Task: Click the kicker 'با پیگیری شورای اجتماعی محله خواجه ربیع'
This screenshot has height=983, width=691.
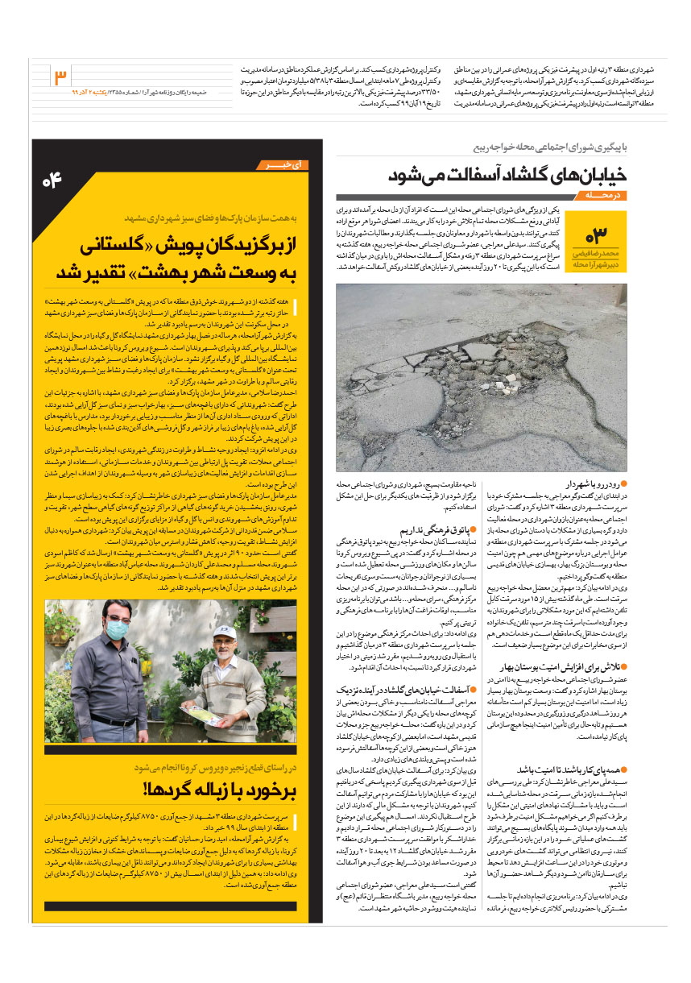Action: [548, 148]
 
